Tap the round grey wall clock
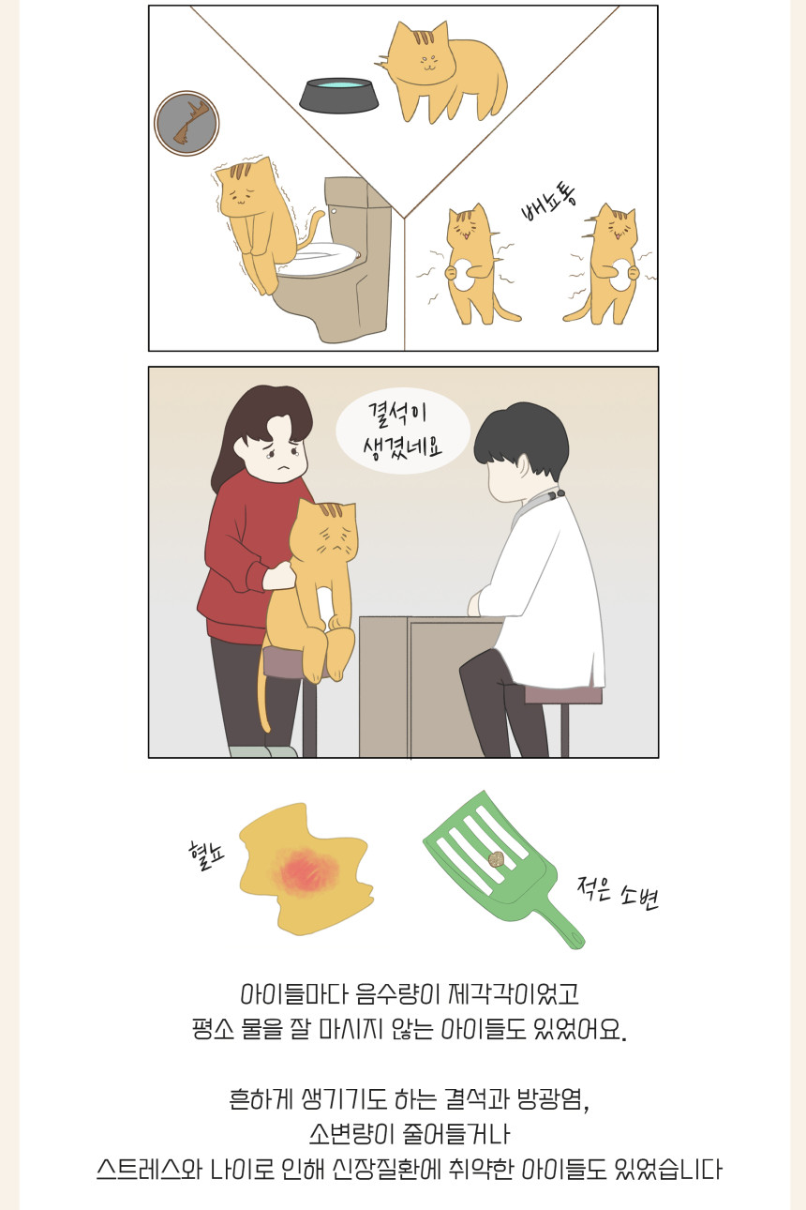coord(187,124)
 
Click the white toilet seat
coord(319,258)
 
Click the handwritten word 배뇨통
coord(548,204)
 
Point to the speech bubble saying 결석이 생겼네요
coord(402,431)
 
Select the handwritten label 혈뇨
coord(206,855)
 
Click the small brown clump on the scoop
coord(495,859)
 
